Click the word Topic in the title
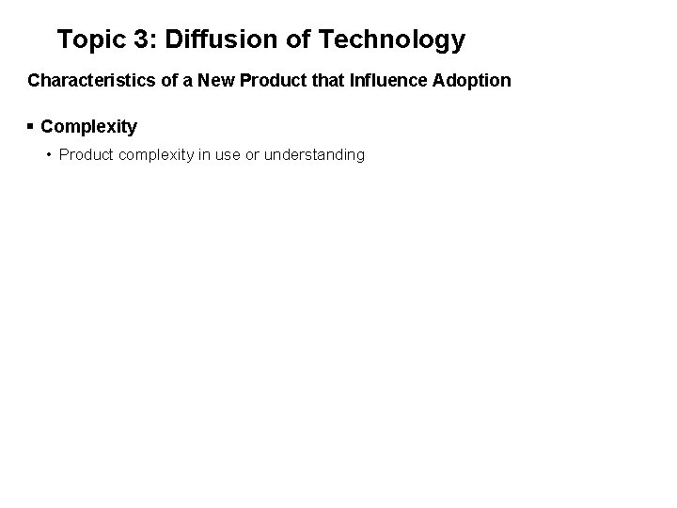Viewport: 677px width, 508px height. pyautogui.click(x=88, y=40)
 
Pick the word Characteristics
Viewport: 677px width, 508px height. pyautogui.click(x=84, y=81)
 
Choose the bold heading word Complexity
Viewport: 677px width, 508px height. pyautogui.click(x=89, y=126)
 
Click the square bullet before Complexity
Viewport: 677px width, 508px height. pyautogui.click(x=31, y=126)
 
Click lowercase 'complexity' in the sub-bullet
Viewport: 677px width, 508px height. pyautogui.click(x=158, y=154)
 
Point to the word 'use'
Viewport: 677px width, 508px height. pyautogui.click(x=228, y=154)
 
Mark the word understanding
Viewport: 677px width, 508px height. pyautogui.click(x=314, y=154)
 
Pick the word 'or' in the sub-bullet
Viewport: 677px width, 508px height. pyautogui.click(x=253, y=154)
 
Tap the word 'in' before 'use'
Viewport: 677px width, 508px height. pyautogui.click(x=206, y=154)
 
